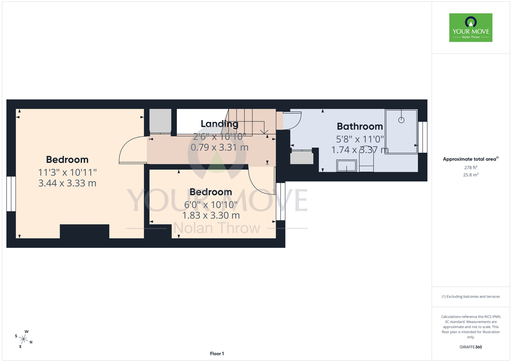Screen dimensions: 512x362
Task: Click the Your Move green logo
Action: pyautogui.click(x=471, y=28)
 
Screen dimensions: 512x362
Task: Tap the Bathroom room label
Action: pyautogui.click(x=360, y=126)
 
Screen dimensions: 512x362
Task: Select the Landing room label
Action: pyautogui.click(x=219, y=124)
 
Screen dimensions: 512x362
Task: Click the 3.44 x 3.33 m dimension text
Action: pyautogui.click(x=67, y=183)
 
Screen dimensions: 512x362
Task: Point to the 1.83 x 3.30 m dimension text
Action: pyautogui.click(x=211, y=216)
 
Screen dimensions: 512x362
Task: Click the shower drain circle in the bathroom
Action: pyautogui.click(x=401, y=120)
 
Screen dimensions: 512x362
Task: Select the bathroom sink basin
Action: pyautogui.click(x=346, y=166)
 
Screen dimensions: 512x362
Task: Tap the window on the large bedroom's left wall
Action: pyautogui.click(x=11, y=194)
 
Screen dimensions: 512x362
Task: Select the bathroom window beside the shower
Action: pyautogui.click(x=423, y=137)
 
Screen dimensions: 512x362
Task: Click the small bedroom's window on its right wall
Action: pyautogui.click(x=281, y=201)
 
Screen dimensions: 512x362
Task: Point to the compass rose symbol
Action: pyautogui.click(x=24, y=339)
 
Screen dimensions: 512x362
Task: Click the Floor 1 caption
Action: pyautogui.click(x=217, y=354)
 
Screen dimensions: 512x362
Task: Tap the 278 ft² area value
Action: pyautogui.click(x=471, y=167)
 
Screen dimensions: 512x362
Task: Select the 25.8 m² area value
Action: pyautogui.click(x=471, y=175)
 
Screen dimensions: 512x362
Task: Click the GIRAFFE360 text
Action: pyautogui.click(x=471, y=347)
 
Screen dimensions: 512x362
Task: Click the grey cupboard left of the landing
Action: pyautogui.click(x=160, y=121)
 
